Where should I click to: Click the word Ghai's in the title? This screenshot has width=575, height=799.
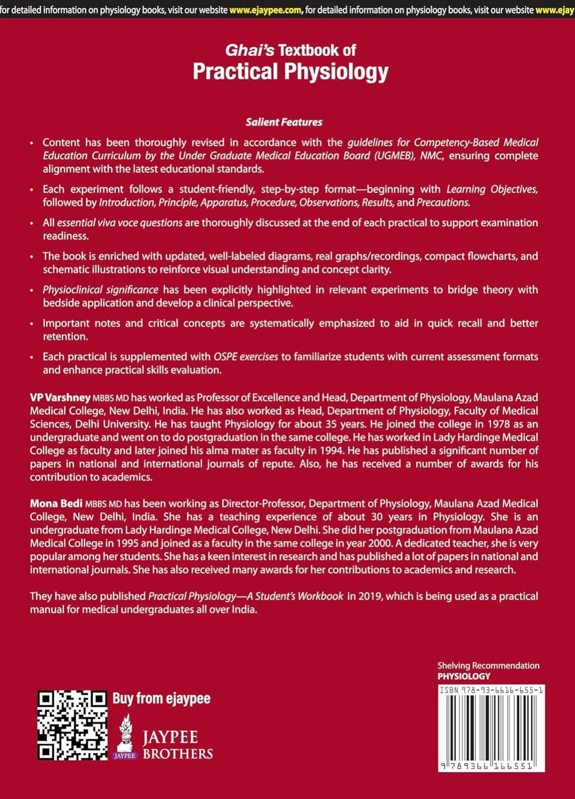coord(249,50)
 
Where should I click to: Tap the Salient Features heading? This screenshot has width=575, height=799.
coord(284,122)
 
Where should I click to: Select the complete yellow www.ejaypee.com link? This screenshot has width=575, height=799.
coord(265,9)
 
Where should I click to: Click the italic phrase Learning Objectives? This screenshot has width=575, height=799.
coord(492,189)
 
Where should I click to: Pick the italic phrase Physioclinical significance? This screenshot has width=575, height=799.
coord(101,289)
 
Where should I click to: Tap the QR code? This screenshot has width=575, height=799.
coord(72,725)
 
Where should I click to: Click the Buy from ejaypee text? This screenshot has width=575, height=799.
coord(161,698)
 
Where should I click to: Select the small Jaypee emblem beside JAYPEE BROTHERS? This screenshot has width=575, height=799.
coord(125,736)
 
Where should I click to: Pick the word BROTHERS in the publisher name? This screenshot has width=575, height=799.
coord(177,754)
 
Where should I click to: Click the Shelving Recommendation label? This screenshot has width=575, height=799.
coord(488,665)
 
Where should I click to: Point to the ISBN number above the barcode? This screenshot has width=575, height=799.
coord(491,690)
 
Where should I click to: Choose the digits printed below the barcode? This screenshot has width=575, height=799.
coord(491,764)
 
